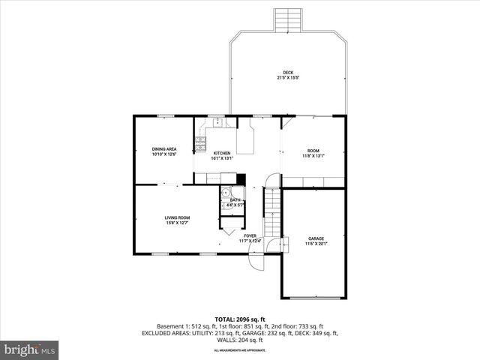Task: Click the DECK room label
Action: (289, 72)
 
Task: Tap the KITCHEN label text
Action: (222, 153)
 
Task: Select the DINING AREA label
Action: (164, 148)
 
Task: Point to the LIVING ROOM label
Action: (177, 217)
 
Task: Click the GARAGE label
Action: (316, 238)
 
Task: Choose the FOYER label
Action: (249, 235)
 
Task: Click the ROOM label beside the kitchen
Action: (313, 151)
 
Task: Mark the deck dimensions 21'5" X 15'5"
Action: (289, 77)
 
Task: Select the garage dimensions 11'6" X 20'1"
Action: (316, 244)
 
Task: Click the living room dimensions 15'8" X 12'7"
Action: (177, 223)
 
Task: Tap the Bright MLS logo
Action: (30, 349)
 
